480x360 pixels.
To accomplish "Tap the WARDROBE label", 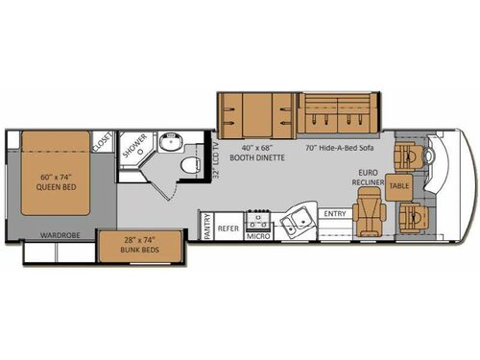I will tap(56, 233).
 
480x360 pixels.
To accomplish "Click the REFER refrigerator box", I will tap(228, 228).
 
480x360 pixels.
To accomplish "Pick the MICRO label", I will tap(257, 234).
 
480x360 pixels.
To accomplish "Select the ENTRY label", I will tap(335, 213).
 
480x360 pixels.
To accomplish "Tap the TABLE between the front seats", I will tap(399, 186).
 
